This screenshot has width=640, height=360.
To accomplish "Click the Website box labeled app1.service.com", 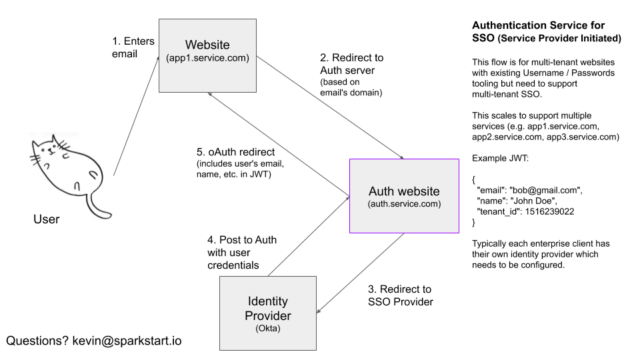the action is tap(207, 55).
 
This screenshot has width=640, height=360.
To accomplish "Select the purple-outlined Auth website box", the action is tap(404, 196).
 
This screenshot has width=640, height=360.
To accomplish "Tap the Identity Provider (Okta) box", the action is tap(268, 313).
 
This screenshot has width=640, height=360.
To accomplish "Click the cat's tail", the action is tap(99, 206).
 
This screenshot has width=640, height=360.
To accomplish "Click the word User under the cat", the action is tap(47, 219).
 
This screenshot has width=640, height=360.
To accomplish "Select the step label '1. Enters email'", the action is tap(133, 47).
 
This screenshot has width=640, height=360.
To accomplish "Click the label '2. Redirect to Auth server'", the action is tap(352, 64).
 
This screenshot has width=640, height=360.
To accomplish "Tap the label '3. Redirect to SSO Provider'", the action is tap(401, 295).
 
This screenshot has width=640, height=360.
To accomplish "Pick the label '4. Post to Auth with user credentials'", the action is tap(242, 252).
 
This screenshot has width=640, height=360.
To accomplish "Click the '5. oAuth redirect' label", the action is tap(235, 152).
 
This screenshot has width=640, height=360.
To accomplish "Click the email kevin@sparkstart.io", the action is tap(127, 341).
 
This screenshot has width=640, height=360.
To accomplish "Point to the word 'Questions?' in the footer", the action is tap(37, 341).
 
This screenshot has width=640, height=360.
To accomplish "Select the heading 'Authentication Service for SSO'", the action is tap(547, 32).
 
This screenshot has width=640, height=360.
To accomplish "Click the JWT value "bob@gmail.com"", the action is tap(546, 190).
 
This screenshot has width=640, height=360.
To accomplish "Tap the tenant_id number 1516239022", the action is tap(549, 211).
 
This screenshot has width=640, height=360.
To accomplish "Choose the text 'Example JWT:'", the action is tap(500, 159).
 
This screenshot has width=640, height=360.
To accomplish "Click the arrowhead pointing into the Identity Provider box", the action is tap(319, 311).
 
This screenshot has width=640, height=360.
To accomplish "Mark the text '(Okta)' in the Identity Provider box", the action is tap(268, 328).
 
